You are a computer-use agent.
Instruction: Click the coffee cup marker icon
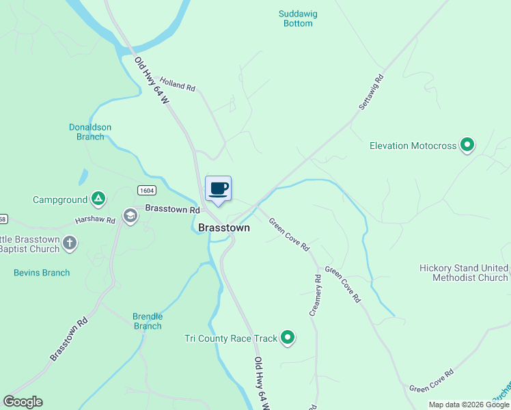218,189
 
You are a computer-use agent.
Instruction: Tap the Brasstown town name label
223,228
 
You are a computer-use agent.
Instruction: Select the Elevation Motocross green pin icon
467,145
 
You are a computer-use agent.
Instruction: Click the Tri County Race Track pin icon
288,338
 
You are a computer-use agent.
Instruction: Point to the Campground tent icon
99,200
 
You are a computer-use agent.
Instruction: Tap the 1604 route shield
145,190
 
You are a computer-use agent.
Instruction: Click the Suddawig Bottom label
298,18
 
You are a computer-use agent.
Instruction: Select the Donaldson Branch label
90,132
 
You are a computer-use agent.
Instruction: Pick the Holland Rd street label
178,85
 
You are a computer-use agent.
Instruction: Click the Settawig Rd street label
372,93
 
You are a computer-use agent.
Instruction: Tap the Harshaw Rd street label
95,221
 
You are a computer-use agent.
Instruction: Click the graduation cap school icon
130,217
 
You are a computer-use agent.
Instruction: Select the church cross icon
69,243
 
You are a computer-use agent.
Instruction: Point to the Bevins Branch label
42,273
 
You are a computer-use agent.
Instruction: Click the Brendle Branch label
148,321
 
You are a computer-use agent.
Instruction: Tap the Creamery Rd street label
315,295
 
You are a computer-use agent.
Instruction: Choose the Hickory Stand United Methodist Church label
464,273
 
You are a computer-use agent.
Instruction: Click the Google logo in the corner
23,401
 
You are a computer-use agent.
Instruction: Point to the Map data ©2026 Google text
468,405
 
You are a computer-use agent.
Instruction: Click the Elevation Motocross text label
413,146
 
